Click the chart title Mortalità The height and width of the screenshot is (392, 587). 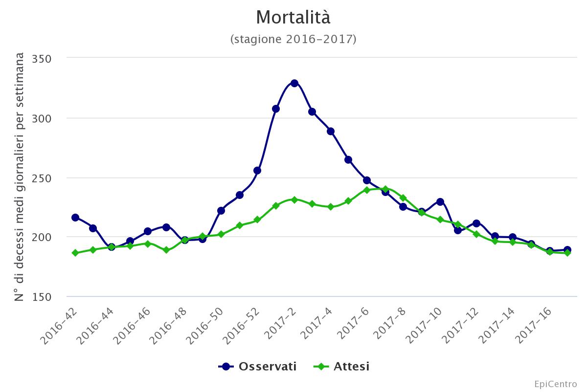click(x=293, y=18)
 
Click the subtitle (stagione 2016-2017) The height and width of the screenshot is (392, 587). click(x=293, y=39)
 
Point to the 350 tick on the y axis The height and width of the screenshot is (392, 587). click(x=42, y=58)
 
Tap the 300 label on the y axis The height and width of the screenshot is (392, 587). click(x=42, y=118)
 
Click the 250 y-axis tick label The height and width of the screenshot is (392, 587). click(x=42, y=178)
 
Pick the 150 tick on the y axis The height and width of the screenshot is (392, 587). click(x=42, y=297)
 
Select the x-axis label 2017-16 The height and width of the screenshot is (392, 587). click(x=535, y=324)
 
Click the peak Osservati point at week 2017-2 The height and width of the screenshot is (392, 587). click(x=294, y=83)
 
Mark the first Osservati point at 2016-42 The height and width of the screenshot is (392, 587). click(x=75, y=218)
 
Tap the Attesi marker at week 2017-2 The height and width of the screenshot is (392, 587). click(x=294, y=199)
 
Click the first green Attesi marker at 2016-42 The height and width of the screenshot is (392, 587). click(x=75, y=253)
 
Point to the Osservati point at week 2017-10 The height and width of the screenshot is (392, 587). click(x=440, y=202)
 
